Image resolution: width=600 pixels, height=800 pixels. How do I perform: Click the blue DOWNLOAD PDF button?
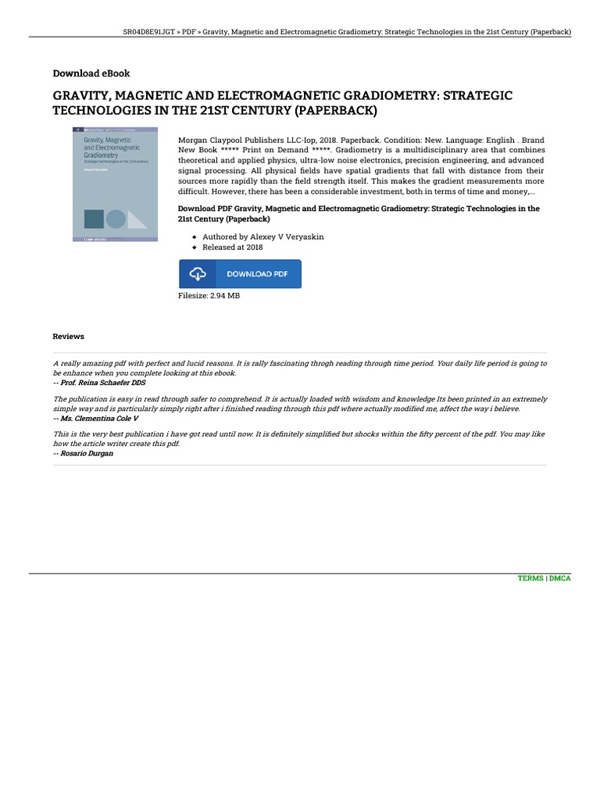tap(240, 274)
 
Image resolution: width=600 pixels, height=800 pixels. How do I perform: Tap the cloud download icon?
tap(198, 274)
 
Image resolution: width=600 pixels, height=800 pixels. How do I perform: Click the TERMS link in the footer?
tap(530, 578)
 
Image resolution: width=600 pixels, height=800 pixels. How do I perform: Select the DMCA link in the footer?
tap(559, 578)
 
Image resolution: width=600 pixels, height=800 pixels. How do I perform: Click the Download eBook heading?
tap(91, 73)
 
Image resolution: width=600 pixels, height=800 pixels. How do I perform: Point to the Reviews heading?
tap(68, 336)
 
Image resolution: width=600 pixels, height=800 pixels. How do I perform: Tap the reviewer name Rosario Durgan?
tap(84, 453)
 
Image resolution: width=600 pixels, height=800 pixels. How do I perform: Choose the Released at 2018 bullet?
tap(233, 247)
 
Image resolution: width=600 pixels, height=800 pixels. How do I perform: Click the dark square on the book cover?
tap(93, 219)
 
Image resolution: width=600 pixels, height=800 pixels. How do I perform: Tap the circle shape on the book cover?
tap(116, 219)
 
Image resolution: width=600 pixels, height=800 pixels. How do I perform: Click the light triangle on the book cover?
tap(137, 220)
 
